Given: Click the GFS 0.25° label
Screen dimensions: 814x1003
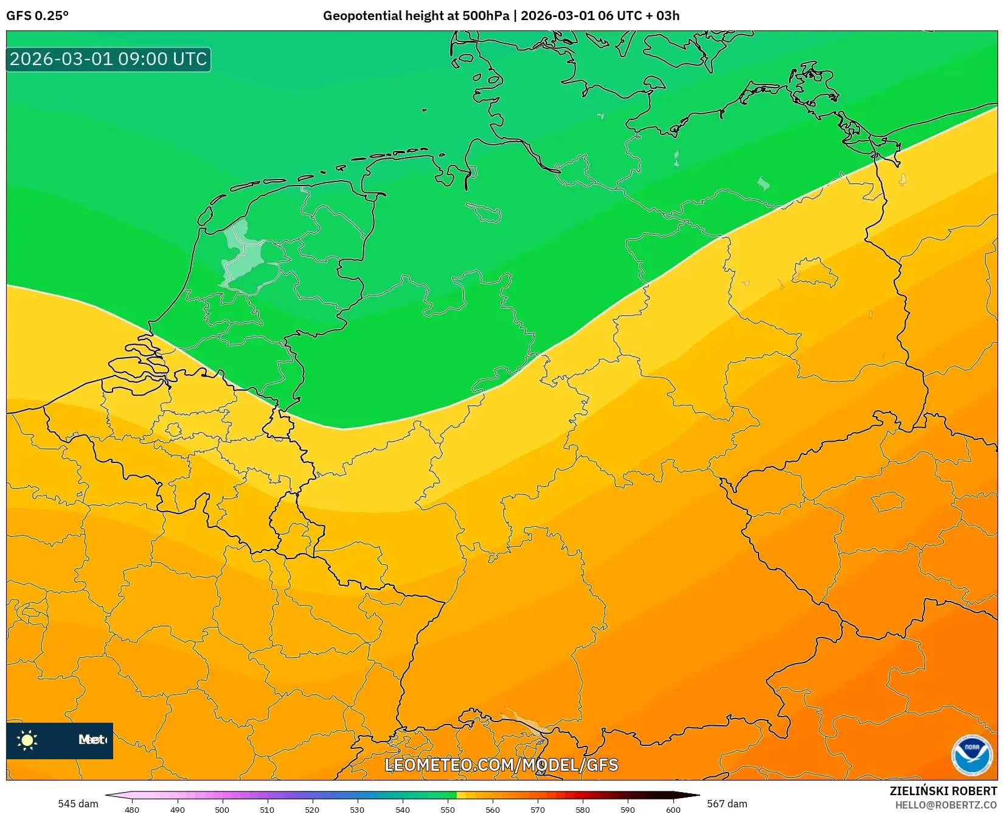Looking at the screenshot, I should tap(37, 16).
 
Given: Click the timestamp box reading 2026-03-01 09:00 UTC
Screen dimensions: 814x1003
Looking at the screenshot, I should tap(108, 59).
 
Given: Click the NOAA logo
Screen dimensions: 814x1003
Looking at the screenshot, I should tap(971, 755).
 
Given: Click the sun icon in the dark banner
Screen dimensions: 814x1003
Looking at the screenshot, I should tap(27, 740).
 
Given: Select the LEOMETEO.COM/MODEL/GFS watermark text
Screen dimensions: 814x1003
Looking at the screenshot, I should tap(501, 765).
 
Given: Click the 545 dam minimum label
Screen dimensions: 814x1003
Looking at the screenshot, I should tap(78, 804).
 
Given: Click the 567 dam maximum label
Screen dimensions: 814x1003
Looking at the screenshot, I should tap(727, 804).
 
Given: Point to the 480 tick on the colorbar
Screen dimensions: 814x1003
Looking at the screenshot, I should tap(132, 810).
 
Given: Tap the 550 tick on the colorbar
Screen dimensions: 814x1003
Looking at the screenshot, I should tap(448, 810).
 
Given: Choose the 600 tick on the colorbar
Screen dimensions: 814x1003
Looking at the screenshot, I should tap(673, 810).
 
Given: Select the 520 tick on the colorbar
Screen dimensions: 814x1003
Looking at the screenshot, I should tap(312, 810).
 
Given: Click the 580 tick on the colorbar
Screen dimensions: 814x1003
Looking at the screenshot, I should tap(583, 810).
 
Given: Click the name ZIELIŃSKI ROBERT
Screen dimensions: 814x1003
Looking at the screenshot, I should tap(943, 791).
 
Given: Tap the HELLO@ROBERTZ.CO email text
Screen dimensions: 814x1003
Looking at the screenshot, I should tap(946, 805).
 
